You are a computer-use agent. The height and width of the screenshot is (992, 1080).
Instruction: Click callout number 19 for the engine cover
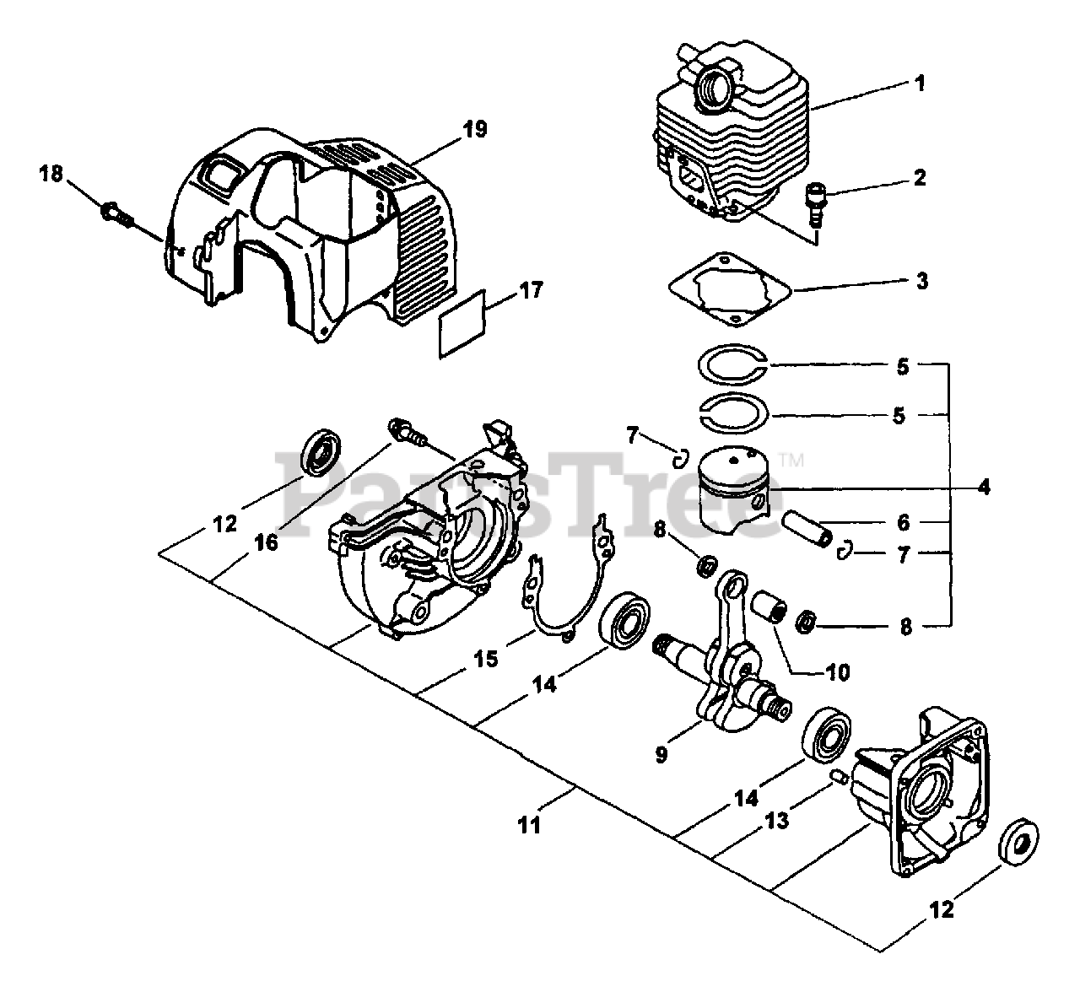coord(474,129)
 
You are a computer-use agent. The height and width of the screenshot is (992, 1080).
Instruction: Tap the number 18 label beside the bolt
coord(51,174)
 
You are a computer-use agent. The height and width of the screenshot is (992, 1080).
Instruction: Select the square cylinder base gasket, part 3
coord(730,288)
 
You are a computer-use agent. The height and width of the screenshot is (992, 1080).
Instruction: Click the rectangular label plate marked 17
coord(462,322)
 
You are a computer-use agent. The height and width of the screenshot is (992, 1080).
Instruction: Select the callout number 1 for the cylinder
coord(920,84)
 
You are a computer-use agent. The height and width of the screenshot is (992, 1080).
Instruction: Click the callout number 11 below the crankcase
coord(529,825)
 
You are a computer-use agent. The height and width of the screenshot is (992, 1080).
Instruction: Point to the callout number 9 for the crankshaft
coord(661,754)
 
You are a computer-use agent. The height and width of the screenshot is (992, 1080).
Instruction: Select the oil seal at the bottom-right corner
coord(1018,843)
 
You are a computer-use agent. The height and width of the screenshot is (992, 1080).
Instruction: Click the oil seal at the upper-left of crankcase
coord(321,452)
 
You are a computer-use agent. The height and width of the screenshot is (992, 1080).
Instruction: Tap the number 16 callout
coord(266,542)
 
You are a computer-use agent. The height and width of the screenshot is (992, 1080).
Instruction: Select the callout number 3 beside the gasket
coord(921,280)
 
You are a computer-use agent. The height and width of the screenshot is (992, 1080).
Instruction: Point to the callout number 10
coord(837,672)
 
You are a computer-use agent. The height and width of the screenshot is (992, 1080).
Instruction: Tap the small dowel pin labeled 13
coord(840,777)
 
